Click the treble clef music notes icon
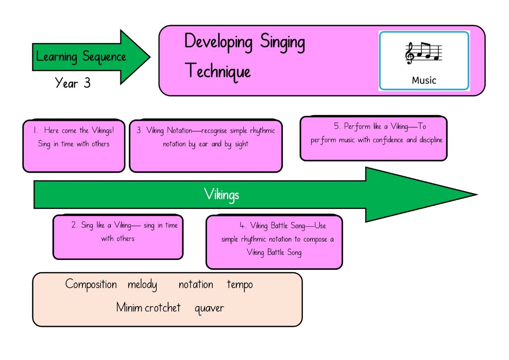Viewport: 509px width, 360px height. [x=424, y=53]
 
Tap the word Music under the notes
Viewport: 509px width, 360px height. [x=424, y=80]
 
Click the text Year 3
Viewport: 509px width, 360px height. [x=73, y=83]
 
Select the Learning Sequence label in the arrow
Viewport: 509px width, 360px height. [x=81, y=57]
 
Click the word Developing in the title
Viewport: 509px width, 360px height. [x=219, y=42]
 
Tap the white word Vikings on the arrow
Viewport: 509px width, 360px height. [x=221, y=195]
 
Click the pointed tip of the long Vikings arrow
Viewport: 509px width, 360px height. [x=477, y=195]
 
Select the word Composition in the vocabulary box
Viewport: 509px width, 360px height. [x=91, y=285]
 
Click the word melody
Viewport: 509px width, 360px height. [x=142, y=285]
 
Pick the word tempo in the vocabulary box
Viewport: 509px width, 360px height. [x=240, y=285]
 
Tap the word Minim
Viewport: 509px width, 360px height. [x=129, y=307]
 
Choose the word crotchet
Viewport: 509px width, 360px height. [x=163, y=308]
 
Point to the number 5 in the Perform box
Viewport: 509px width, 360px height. [x=337, y=126]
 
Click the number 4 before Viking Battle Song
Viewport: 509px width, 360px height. [x=243, y=226]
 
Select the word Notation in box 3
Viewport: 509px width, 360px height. [x=179, y=131]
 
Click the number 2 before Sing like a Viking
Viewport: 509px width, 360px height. [x=74, y=225]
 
